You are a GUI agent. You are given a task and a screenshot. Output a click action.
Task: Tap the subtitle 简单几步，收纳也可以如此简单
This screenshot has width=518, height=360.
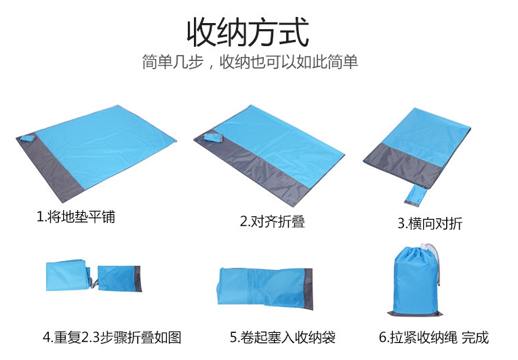pos(250,62)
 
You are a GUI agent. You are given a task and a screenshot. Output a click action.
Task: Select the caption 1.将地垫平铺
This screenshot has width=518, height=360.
pos(76,217)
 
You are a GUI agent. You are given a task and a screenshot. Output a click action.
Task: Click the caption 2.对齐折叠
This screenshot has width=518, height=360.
pos(272,221)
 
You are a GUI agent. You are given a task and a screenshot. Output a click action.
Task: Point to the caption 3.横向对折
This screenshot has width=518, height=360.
pos(430,223)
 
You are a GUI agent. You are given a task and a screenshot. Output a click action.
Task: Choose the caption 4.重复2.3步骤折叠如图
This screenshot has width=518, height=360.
pos(112,337)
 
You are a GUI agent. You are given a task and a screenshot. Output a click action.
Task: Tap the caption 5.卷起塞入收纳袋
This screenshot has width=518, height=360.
pos(283,337)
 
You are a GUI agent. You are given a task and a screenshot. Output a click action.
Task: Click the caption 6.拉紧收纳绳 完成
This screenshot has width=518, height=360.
pos(433,337)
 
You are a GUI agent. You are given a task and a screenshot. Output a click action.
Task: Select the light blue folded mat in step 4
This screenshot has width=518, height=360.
pos(68,276)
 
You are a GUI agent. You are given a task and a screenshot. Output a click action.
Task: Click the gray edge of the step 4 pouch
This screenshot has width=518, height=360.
pos(138,279)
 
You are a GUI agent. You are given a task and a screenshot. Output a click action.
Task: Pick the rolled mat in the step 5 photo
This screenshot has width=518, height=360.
pos(265,287)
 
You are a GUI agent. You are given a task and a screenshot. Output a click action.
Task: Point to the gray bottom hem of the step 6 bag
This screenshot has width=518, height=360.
pos(414,314)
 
